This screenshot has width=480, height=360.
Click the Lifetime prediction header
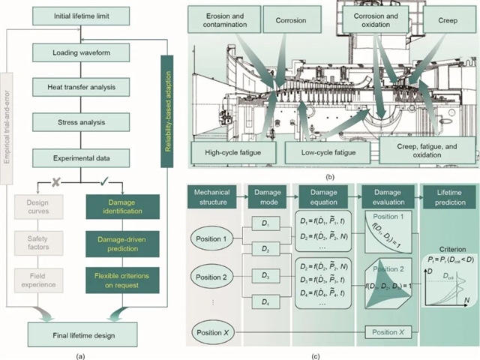[448, 197]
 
